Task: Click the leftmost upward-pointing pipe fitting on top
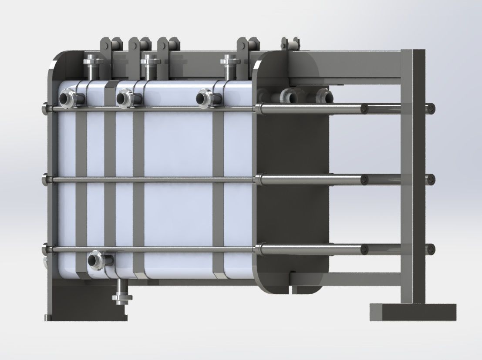[92, 65]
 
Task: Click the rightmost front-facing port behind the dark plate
[323, 95]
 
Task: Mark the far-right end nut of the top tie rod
[431, 108]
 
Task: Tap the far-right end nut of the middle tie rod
[431, 178]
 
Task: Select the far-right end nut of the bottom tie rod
[431, 249]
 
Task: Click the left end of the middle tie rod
[46, 178]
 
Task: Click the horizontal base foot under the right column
[412, 312]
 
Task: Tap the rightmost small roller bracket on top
[291, 44]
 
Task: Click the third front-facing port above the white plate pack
[204, 98]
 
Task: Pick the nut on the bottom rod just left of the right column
[365, 249]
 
